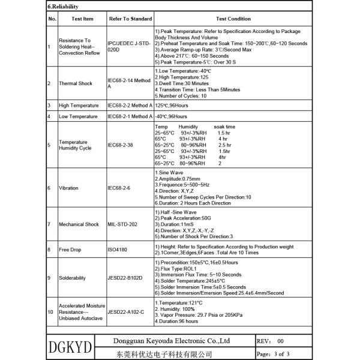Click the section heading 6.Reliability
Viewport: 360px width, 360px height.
(62, 7)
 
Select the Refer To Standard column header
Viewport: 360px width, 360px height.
(130, 19)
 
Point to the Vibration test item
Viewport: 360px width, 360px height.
(68, 188)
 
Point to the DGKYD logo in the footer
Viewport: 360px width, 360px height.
(68, 347)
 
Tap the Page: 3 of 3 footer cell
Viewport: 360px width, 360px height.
(274, 354)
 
